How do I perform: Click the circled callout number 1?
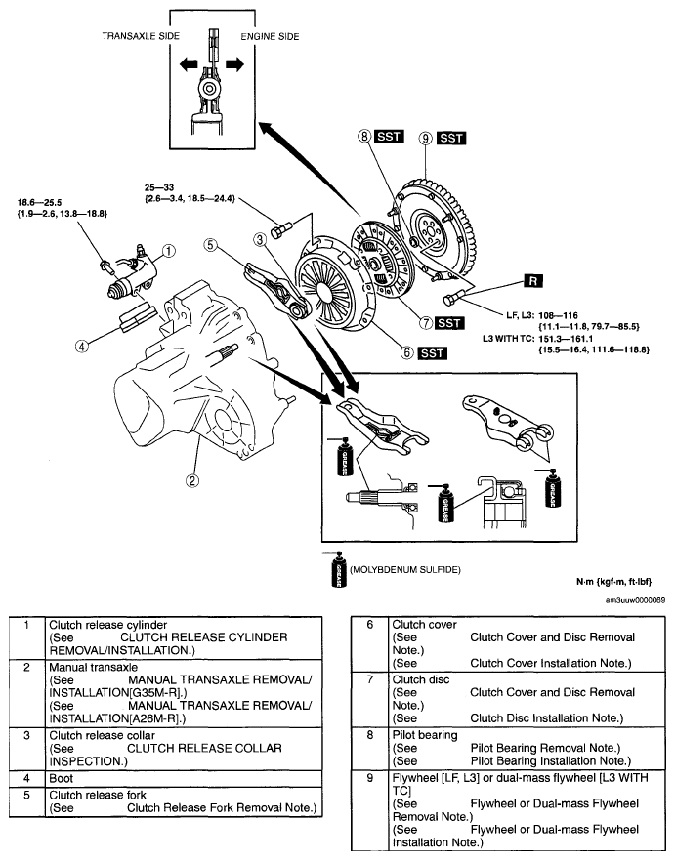[168, 251]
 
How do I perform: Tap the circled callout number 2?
[191, 480]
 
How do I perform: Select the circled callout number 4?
[82, 347]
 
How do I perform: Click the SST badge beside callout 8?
[389, 136]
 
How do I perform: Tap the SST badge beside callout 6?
[433, 353]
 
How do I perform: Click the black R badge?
[532, 281]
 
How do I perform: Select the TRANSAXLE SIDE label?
[141, 36]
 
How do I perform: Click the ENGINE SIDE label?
[270, 37]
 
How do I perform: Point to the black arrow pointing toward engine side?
[234, 64]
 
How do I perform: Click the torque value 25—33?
[159, 188]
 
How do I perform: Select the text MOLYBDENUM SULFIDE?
[405, 570]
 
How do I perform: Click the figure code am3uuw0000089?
[636, 600]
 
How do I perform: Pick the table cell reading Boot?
[61, 778]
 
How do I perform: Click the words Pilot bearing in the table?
[425, 735]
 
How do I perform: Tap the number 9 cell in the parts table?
[370, 777]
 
